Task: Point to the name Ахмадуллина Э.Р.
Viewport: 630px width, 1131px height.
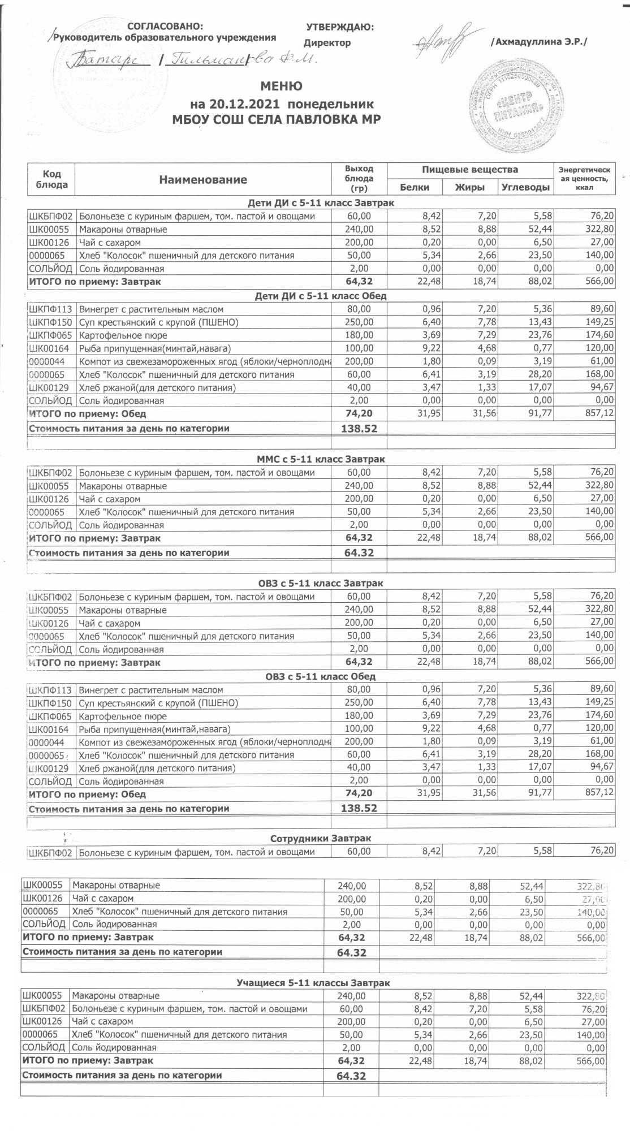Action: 539,42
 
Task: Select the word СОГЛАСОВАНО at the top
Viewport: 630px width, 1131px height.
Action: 165,27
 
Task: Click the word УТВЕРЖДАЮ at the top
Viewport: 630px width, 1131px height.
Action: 339,27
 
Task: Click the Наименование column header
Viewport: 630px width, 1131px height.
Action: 203,180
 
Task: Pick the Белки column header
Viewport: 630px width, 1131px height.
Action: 414,187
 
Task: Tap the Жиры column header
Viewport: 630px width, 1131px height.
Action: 469,187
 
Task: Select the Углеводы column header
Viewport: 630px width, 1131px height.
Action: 525,187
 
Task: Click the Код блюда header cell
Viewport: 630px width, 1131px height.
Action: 51,179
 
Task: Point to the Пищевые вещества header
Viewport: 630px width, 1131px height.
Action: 469,170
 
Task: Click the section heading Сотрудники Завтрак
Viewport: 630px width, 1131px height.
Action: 321,838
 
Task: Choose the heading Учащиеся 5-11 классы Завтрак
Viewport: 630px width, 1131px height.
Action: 313,983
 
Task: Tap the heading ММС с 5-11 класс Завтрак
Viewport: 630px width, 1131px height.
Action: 321,459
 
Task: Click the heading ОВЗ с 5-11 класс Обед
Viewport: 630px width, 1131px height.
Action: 321,676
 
